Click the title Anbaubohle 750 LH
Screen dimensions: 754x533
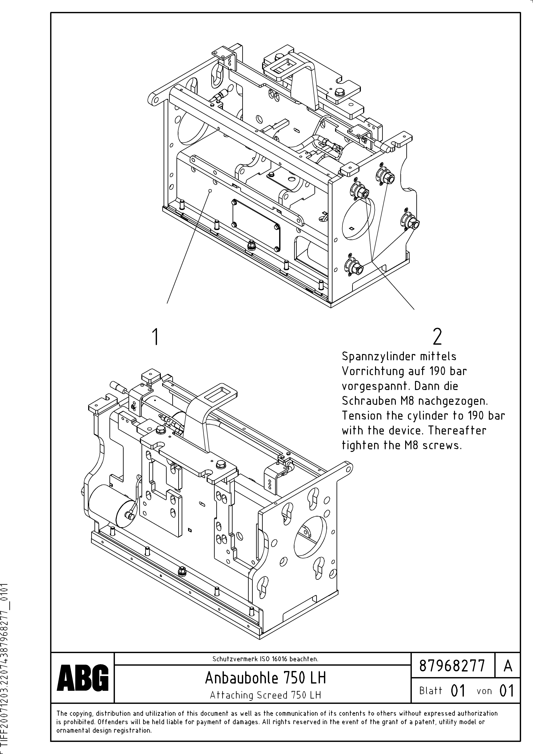(x=265, y=677)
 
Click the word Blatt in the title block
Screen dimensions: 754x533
(x=430, y=691)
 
